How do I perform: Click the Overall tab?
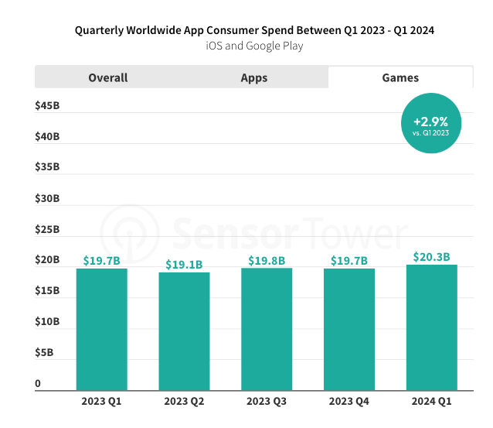(x=107, y=77)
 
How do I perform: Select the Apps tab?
(x=254, y=77)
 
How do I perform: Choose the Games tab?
(x=400, y=77)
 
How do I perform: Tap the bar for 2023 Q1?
(x=102, y=329)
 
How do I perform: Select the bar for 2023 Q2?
(x=184, y=331)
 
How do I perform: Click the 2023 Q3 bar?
(x=267, y=329)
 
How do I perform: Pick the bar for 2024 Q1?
(x=431, y=327)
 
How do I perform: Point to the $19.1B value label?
(x=184, y=264)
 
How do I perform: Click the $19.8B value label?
(x=267, y=260)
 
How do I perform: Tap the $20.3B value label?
(x=431, y=257)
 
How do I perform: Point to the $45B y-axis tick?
(x=47, y=105)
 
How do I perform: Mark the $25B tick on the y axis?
(x=47, y=229)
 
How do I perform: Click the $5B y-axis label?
(x=44, y=353)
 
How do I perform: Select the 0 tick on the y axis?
(x=38, y=384)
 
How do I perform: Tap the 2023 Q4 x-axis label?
(x=349, y=402)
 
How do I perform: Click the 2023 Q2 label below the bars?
(x=184, y=402)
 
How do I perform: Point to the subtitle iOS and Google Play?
(x=254, y=46)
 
